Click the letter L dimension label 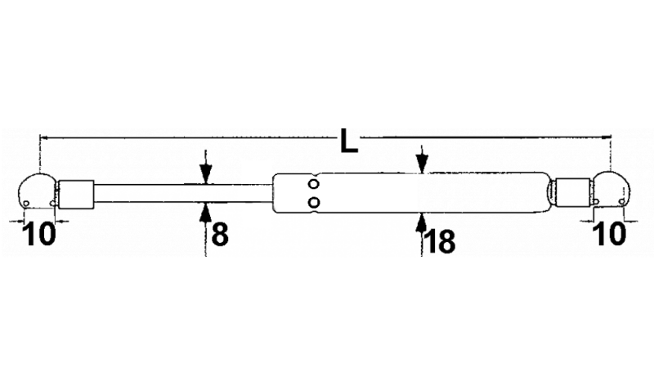(x=349, y=141)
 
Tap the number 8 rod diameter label (x=220, y=235)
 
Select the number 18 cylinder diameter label (x=439, y=241)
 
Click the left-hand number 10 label (x=38, y=234)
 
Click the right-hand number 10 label (x=609, y=234)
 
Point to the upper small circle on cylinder (x=314, y=183)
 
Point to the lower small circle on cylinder (x=314, y=202)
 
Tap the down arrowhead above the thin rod (x=206, y=174)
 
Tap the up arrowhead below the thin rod (x=206, y=212)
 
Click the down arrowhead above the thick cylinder (x=422, y=163)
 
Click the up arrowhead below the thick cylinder (x=421, y=222)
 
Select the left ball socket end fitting (x=37, y=191)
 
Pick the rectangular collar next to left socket (x=76, y=194)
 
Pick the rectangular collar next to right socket (x=573, y=192)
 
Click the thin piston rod (x=183, y=193)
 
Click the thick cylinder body (x=410, y=193)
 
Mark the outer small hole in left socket (x=26, y=204)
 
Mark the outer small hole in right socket (x=622, y=202)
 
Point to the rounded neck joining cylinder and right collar (x=551, y=192)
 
